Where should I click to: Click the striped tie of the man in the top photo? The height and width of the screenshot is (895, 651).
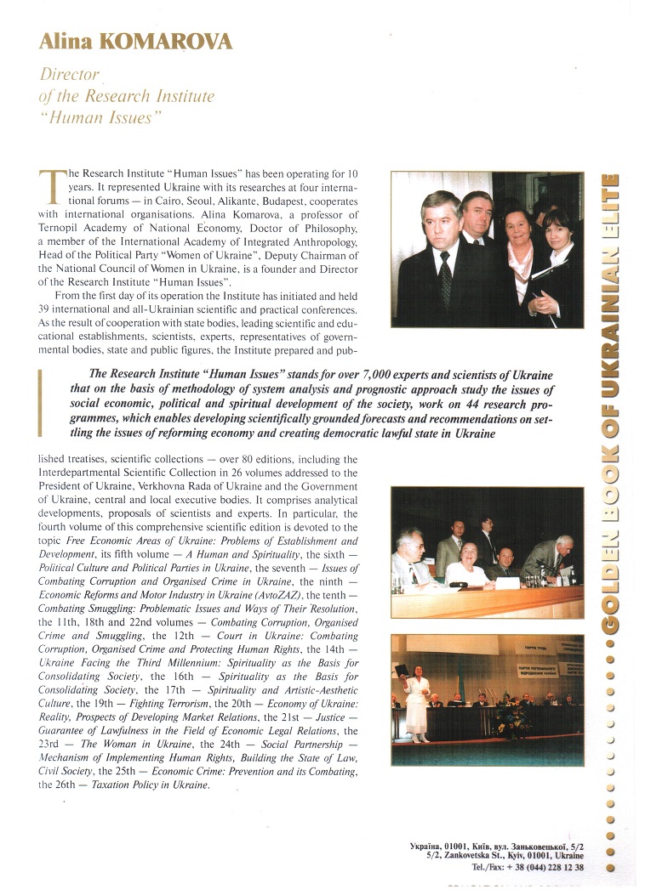(x=443, y=280)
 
